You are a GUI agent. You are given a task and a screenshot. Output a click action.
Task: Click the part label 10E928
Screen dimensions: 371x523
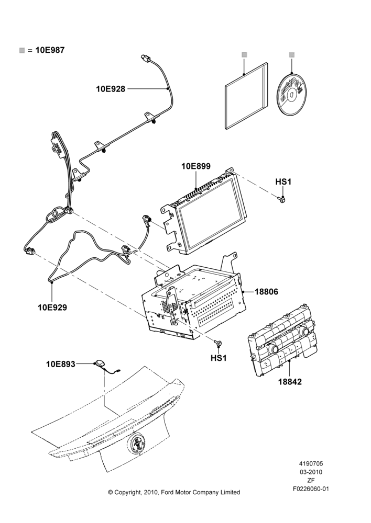(x=111, y=89)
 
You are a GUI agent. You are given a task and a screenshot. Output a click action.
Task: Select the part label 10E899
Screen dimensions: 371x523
(x=196, y=166)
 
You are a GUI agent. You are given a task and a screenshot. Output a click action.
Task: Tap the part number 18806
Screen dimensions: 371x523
(x=266, y=291)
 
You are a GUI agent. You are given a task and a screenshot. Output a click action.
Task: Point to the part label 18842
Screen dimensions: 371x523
(x=290, y=382)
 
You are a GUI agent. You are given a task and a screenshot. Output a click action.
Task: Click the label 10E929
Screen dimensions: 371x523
(x=52, y=308)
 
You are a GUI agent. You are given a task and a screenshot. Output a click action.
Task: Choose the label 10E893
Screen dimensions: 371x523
(x=60, y=364)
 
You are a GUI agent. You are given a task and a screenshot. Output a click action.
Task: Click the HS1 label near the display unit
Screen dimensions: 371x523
(x=283, y=182)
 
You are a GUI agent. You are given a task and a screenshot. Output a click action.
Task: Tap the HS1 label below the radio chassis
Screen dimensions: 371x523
(x=219, y=358)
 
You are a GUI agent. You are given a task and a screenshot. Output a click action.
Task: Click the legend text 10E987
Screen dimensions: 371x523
(x=50, y=50)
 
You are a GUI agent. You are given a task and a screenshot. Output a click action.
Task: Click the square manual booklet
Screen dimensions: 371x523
(x=246, y=95)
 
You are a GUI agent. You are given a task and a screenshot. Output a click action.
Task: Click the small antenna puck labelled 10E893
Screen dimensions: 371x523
(x=101, y=363)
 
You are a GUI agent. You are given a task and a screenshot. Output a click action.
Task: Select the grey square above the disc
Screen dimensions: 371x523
(x=292, y=54)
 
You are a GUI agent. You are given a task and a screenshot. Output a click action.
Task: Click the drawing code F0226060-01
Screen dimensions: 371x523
(x=311, y=489)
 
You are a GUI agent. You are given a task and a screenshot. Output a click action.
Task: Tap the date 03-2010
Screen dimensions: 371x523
(x=311, y=472)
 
